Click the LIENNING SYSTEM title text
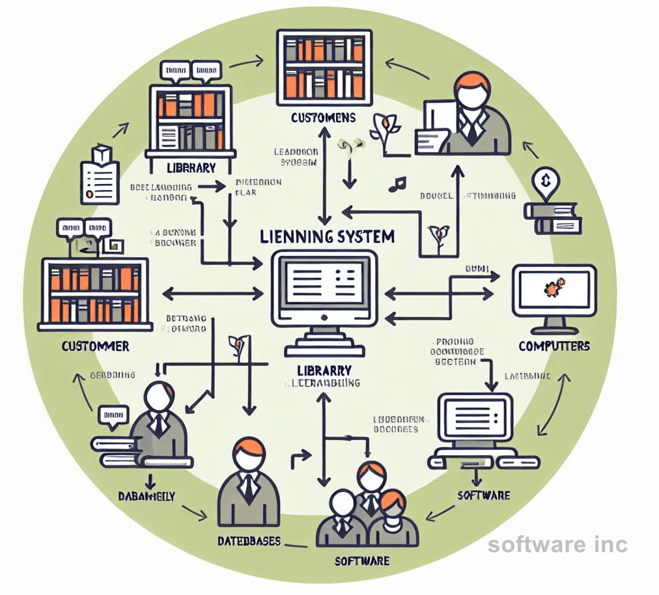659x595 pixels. [327, 236]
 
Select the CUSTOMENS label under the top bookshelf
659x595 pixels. [324, 118]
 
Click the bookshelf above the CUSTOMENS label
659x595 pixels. [324, 66]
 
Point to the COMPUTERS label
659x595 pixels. [554, 346]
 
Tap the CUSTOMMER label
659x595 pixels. [95, 346]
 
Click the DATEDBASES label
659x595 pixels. [249, 541]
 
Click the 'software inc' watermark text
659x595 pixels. [557, 544]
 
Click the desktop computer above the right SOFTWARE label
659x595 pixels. [475, 430]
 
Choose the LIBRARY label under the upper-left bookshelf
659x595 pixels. [190, 168]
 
